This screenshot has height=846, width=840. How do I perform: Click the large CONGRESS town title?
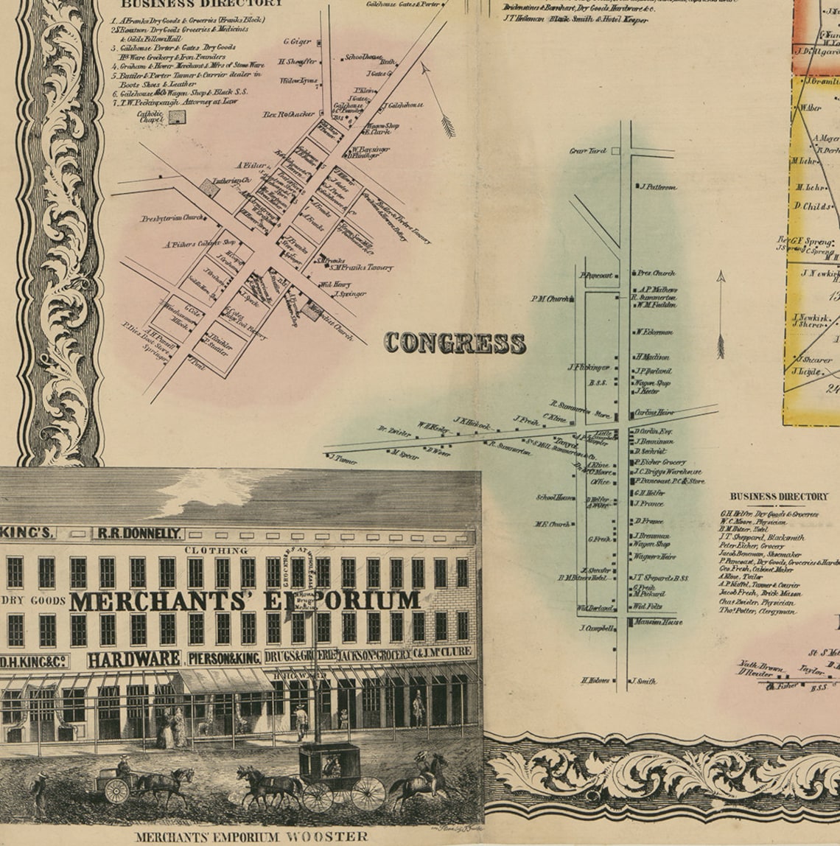coord(455,343)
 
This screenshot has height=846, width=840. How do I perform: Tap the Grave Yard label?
coord(588,151)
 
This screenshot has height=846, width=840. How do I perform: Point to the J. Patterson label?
coord(658,187)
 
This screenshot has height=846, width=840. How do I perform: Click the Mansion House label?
coord(657,622)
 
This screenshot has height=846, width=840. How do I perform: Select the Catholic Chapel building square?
coord(177,116)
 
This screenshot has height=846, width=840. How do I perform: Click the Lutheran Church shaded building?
coord(210,189)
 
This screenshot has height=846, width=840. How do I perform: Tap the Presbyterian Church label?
coord(172,218)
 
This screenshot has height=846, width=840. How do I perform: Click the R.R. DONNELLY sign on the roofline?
coord(137,533)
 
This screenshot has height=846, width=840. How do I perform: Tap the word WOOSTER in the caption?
coord(329,836)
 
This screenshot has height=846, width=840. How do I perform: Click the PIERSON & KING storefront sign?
coord(224,658)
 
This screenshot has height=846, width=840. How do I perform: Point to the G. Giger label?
coord(297,42)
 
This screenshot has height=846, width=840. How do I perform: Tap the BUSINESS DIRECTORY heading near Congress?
coord(779,497)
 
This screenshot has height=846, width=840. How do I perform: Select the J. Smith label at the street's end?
coord(643,681)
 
